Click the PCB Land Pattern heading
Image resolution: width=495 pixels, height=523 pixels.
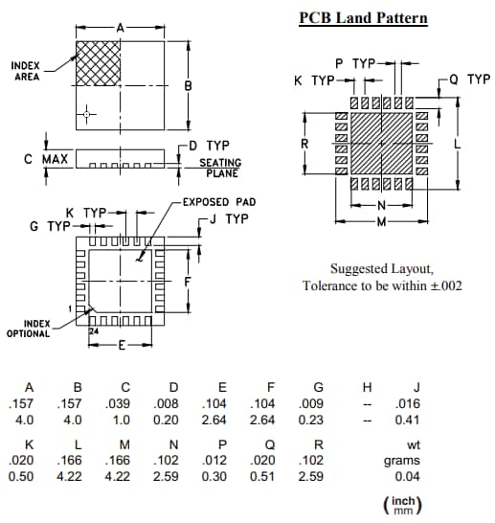[x=363, y=18]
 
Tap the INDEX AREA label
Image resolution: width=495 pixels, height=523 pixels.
[x=26, y=71]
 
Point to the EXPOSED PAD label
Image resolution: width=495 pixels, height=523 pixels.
[x=219, y=202]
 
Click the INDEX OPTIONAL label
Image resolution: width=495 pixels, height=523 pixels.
[x=29, y=329]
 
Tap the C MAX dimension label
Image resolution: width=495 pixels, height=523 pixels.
[x=46, y=158]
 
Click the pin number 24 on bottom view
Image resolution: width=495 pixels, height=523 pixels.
[x=94, y=330]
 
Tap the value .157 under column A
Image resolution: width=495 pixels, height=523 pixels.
[x=21, y=404]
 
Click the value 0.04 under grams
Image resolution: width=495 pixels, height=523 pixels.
[x=408, y=476]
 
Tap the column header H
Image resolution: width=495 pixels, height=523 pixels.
[x=365, y=387]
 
